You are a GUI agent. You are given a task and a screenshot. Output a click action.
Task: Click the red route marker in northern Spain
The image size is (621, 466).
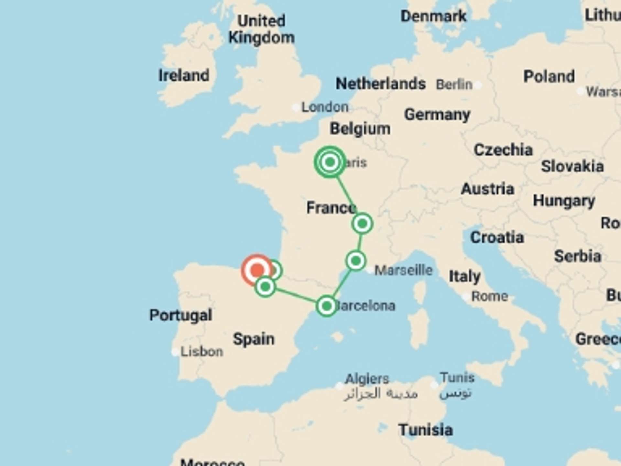click(x=257, y=270)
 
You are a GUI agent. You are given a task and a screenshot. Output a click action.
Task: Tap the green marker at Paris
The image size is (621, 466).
click(x=330, y=162)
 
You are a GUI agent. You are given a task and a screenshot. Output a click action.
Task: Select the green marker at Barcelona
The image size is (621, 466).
click(x=326, y=306)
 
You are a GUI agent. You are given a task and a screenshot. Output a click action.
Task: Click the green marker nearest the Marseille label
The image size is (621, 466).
click(x=356, y=261)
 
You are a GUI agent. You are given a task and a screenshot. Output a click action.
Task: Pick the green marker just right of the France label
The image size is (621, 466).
click(x=362, y=223)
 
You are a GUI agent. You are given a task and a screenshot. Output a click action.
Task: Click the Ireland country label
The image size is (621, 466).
click(x=184, y=75)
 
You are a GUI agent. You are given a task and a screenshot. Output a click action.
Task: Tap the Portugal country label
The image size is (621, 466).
click(x=180, y=315)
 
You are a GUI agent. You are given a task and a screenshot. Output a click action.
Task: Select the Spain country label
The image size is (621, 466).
click(x=254, y=339)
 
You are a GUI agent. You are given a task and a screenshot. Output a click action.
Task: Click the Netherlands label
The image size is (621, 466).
click(x=380, y=84)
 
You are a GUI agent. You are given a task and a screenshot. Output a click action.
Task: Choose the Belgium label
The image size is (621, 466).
click(x=360, y=129)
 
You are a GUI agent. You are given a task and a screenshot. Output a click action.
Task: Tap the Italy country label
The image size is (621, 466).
click(x=464, y=277)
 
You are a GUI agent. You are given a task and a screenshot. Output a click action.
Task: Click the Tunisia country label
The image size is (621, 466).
click(x=425, y=430)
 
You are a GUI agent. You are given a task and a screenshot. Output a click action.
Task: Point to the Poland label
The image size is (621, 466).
click(x=549, y=77)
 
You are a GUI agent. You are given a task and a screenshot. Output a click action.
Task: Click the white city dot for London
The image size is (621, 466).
click(x=296, y=107)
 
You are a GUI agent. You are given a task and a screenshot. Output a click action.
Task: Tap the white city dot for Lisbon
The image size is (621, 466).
click(x=175, y=352)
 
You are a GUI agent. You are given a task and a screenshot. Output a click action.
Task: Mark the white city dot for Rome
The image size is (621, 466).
click(x=466, y=296)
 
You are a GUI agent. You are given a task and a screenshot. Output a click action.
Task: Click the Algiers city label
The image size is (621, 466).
click(x=367, y=379)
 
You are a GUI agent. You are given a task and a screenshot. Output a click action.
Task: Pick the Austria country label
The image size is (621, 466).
click(x=487, y=189)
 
